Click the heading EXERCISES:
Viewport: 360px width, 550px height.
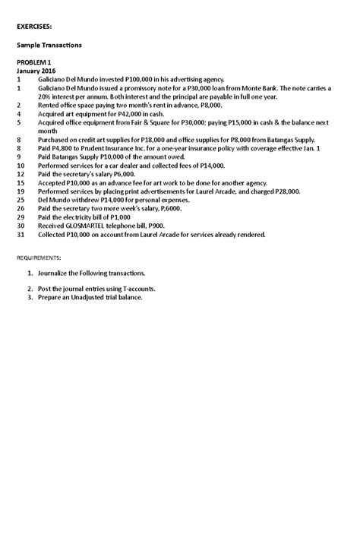pyautogui.click(x=35, y=26)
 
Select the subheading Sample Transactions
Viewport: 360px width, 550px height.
pyautogui.click(x=49, y=46)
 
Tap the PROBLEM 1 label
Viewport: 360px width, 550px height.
pyautogui.click(x=34, y=62)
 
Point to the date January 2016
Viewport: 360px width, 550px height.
pyautogui.click(x=36, y=70)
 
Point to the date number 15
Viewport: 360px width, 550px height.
pyautogui.click(x=21, y=183)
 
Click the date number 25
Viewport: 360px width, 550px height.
pyautogui.click(x=21, y=200)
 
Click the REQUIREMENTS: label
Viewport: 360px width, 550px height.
pyautogui.click(x=40, y=258)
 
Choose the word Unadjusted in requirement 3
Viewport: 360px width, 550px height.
pyautogui.click(x=90, y=298)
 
